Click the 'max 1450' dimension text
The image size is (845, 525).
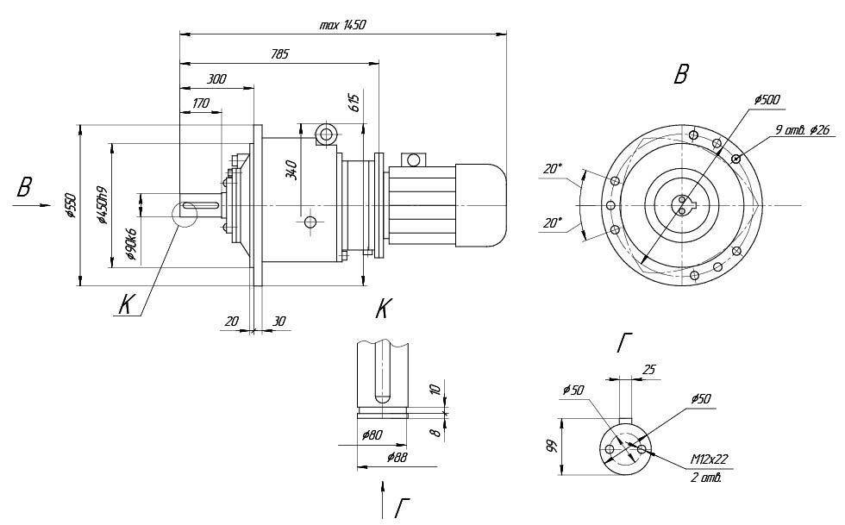[x=342, y=25]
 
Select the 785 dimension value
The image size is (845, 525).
[x=279, y=53]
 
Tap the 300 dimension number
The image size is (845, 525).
[x=216, y=78]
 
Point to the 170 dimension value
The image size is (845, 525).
[x=200, y=103]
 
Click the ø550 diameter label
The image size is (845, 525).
[x=72, y=204]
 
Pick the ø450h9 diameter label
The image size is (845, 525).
[x=103, y=205]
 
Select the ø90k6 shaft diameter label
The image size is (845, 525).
[x=131, y=243]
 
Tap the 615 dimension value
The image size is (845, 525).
[x=354, y=103]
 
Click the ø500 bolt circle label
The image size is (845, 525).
[x=767, y=100]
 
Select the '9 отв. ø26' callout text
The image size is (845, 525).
[x=802, y=130]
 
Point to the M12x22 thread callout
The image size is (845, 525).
[x=710, y=459]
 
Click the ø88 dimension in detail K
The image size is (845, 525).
[x=397, y=456]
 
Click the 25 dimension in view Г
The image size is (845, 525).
[x=648, y=369]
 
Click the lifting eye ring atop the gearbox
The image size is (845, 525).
[x=325, y=134]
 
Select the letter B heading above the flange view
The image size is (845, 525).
[x=680, y=76]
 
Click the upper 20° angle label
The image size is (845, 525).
[x=553, y=170]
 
